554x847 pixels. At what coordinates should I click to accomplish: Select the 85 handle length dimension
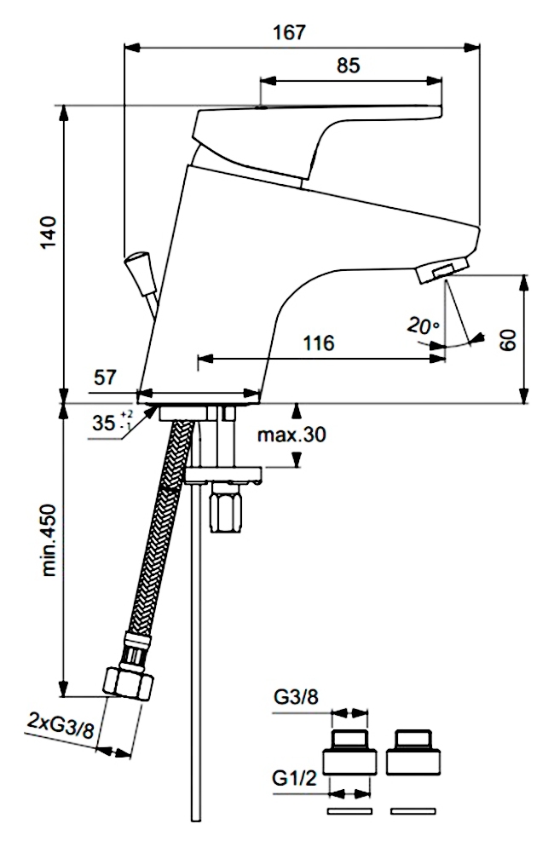click(x=348, y=66)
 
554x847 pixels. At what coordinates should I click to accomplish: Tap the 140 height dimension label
click(x=49, y=232)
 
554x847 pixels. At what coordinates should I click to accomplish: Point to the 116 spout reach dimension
click(x=319, y=343)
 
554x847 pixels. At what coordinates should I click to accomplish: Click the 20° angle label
click(x=424, y=326)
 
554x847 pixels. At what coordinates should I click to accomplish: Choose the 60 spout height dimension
click(x=507, y=340)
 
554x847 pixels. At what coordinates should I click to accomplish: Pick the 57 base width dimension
click(x=105, y=377)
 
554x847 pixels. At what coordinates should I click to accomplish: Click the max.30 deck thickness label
click(x=291, y=435)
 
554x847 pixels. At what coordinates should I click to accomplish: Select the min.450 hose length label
click(x=49, y=540)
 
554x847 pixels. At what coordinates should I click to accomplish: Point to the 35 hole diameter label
click(x=112, y=422)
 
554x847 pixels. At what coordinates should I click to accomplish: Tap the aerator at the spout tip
click(x=442, y=269)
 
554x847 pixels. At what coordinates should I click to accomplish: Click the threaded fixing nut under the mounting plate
click(x=226, y=508)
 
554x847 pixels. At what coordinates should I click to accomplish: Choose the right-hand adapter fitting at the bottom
click(x=413, y=752)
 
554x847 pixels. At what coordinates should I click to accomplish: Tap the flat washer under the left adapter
click(x=349, y=811)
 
